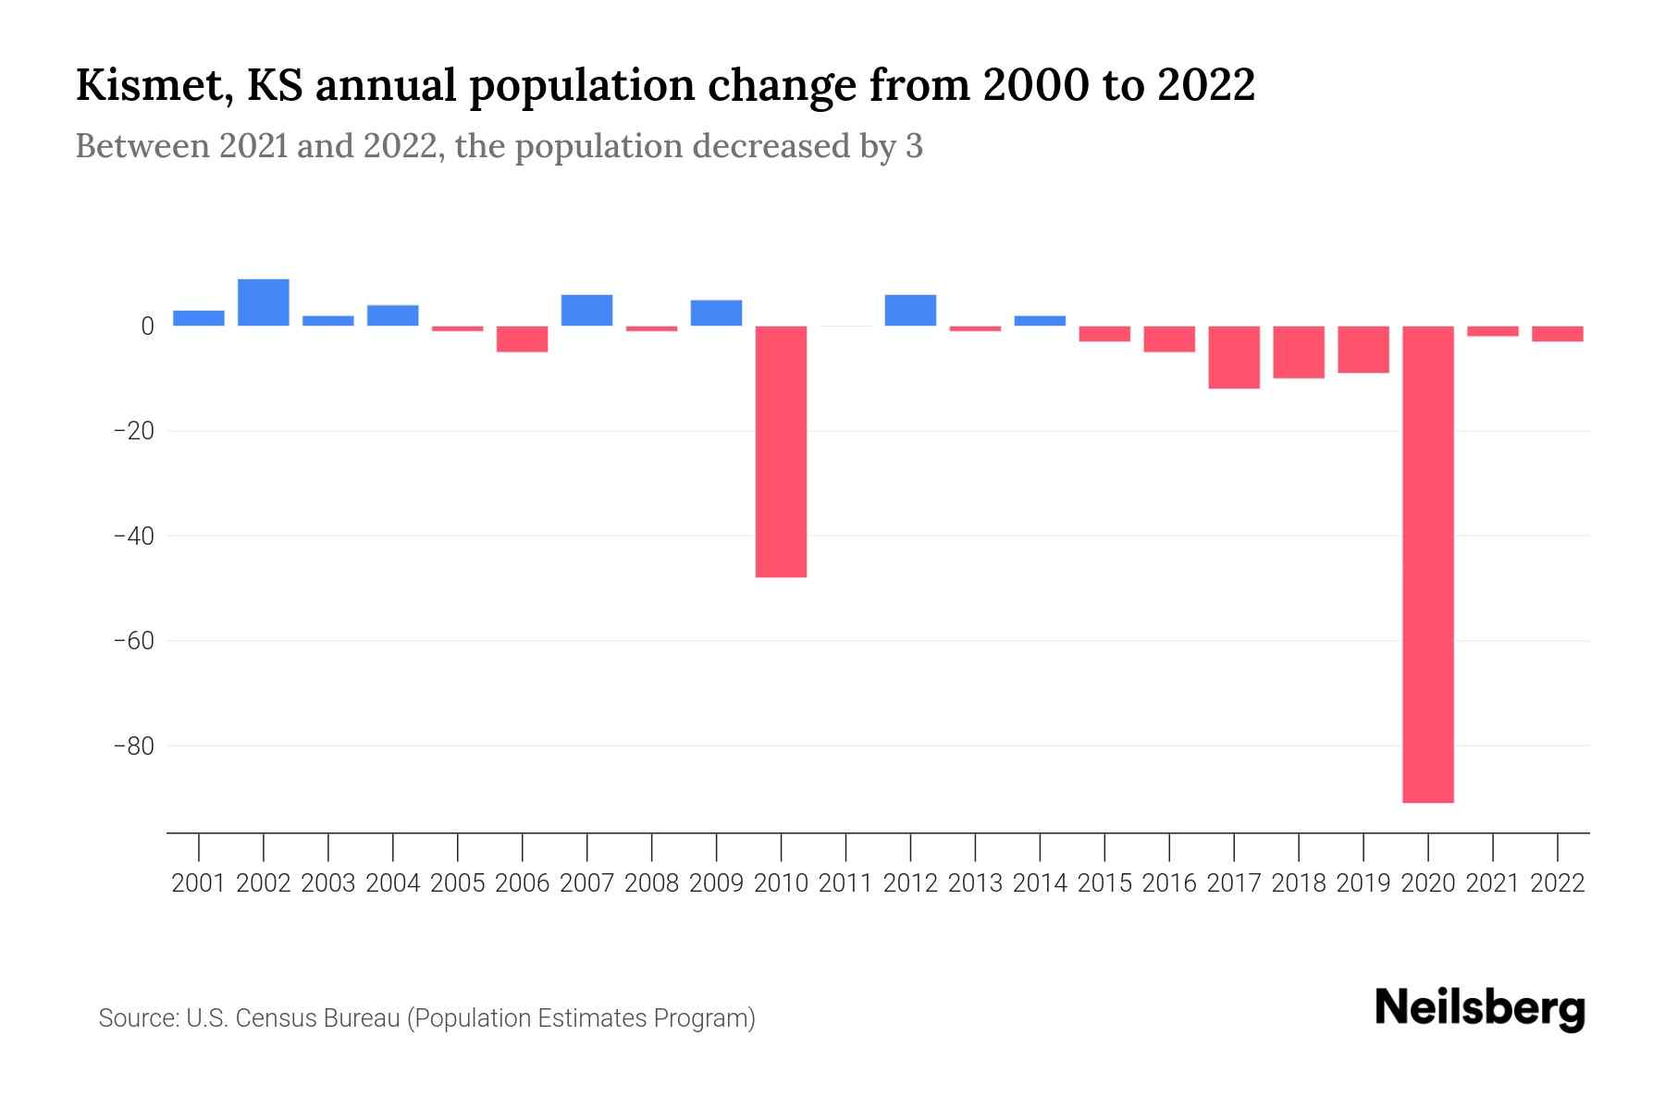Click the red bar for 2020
(1427, 564)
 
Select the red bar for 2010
(781, 451)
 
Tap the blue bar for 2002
(264, 302)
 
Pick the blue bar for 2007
(586, 311)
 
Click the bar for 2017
(1233, 357)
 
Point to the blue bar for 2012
(910, 311)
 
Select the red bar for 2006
(523, 339)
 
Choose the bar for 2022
(1557, 334)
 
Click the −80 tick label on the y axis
(133, 746)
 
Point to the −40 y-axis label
(133, 536)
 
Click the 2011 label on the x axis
(845, 883)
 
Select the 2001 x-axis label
(199, 883)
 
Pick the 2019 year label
(1363, 883)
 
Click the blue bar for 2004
(393, 315)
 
